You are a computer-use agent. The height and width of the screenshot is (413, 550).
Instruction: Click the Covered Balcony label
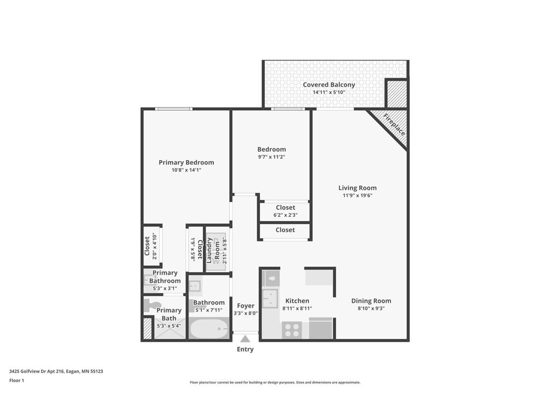[329, 84]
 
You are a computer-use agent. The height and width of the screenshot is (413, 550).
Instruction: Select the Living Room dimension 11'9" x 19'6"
[357, 196]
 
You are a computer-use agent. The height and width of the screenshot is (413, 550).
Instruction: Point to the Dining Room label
[371, 301]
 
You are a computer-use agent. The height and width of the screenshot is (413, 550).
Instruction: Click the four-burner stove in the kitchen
[292, 330]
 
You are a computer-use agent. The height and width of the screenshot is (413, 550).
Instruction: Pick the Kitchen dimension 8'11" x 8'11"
[297, 309]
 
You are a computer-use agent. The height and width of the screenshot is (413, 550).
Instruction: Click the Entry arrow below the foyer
[245, 339]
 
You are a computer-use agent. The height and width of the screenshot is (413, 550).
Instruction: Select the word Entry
[245, 350]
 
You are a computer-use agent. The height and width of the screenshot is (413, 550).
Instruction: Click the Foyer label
[245, 305]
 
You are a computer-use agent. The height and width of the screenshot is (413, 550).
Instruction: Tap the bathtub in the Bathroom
[209, 327]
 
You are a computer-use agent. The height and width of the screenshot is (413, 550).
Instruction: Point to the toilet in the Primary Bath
[153, 305]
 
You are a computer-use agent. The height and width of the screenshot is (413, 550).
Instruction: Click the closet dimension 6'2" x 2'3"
[285, 215]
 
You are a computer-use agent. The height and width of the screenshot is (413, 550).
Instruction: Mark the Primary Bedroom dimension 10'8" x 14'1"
[186, 170]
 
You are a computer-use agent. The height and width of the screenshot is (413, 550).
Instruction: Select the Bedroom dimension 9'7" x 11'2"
[271, 157]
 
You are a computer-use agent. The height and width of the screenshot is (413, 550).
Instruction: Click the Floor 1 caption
[17, 380]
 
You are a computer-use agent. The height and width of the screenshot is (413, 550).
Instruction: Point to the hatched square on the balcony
[396, 94]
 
